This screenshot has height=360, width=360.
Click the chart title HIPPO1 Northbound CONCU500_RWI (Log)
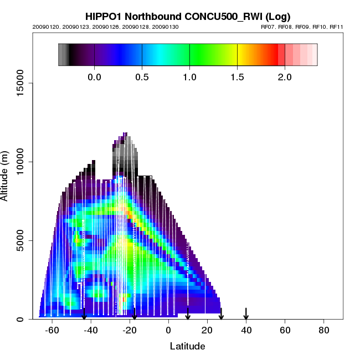[x=187, y=17]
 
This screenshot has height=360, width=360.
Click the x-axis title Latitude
[x=187, y=346]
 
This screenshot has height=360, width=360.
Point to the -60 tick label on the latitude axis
[x=52, y=330]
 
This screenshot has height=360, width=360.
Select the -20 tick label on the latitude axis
[x=130, y=330]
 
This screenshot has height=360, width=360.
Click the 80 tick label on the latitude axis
[x=323, y=330]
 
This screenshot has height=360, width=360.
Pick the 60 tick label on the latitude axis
[x=285, y=330]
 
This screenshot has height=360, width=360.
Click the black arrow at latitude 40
[x=246, y=313]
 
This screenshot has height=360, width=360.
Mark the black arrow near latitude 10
[x=188, y=313]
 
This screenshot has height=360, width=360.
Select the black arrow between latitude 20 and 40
[x=221, y=313]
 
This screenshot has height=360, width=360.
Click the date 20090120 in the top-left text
[x=43, y=27]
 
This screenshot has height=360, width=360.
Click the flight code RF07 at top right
[x=268, y=27]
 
